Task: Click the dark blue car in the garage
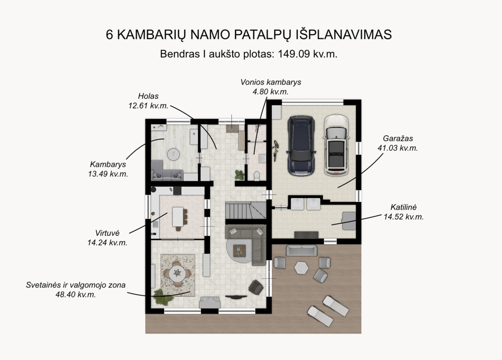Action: pos(301,146)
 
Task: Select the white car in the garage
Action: pos(336,146)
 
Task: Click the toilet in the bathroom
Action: pos(257,176)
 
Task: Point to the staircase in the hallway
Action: pos(245,210)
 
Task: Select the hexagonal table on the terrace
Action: pos(301,268)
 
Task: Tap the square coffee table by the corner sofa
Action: pos(239,251)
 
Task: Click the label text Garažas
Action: pos(398,139)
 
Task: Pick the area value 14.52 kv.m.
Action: pos(403,217)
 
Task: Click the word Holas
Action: pos(148,96)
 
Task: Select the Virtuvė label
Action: pos(107,233)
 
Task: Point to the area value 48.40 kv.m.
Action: pos(76,294)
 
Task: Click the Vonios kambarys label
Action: pos(271,82)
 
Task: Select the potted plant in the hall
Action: pos(239,175)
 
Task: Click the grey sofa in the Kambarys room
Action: pos(167,171)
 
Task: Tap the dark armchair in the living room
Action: pos(256,287)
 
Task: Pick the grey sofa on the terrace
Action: pos(302,250)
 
